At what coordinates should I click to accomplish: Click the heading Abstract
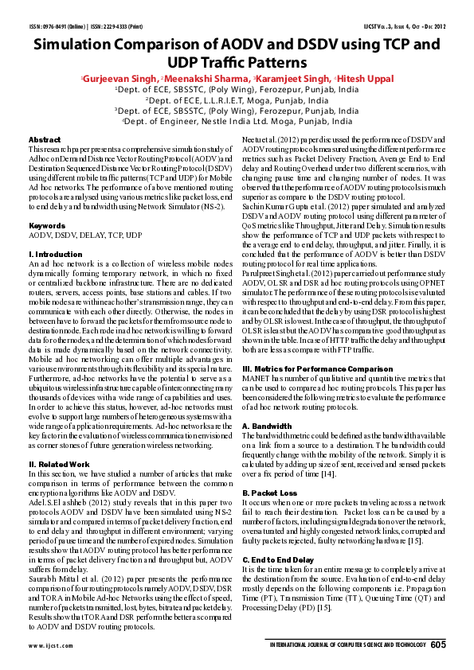[45, 139]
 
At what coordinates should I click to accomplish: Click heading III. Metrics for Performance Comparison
[316, 370]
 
